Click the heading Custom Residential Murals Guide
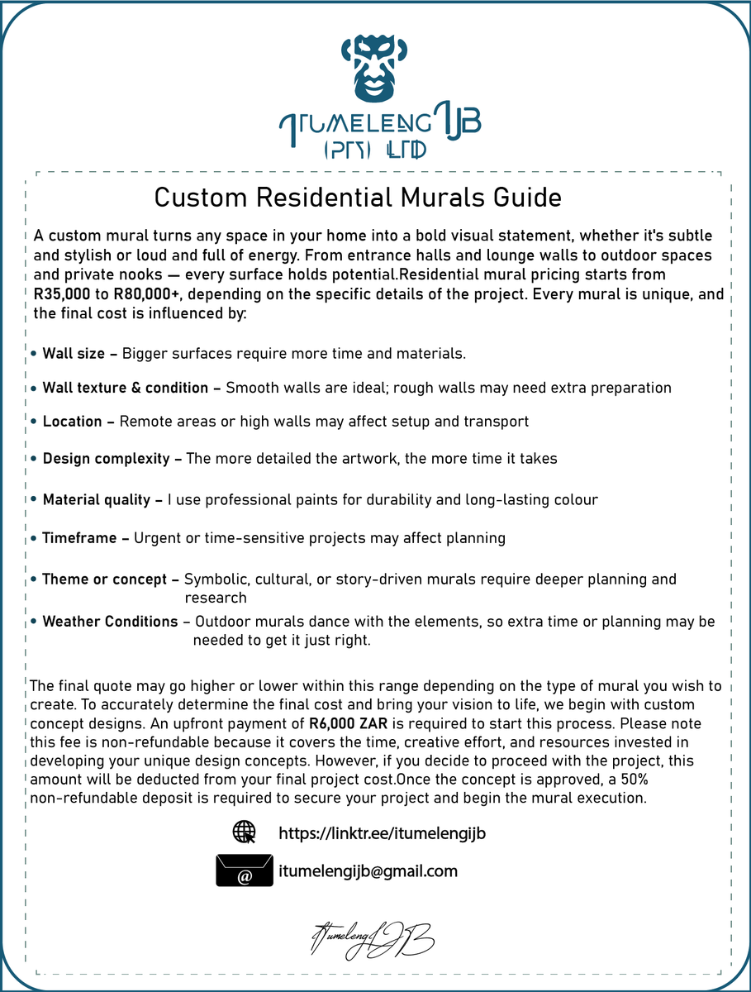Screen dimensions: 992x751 click(358, 198)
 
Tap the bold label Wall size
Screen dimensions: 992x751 click(74, 354)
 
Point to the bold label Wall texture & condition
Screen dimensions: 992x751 click(126, 388)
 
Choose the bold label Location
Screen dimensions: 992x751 click(72, 422)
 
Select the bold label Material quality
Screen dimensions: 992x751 click(96, 500)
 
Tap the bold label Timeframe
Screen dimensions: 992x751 click(79, 538)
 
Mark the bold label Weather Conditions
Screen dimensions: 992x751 click(110, 622)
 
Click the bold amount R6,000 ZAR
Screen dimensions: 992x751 click(344, 723)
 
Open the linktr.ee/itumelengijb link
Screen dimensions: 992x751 click(382, 833)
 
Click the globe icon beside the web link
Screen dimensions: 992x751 click(245, 832)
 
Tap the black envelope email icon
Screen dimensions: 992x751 click(245, 871)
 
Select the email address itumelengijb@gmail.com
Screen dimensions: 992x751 click(368, 871)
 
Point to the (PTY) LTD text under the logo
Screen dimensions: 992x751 click(373, 150)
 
